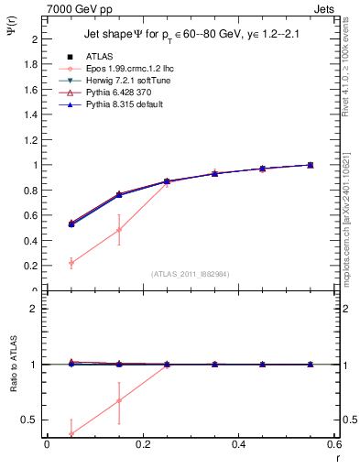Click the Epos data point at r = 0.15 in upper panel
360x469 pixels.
tap(119, 229)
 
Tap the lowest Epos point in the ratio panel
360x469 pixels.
tap(71, 434)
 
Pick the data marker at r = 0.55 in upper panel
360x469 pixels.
tap(311, 165)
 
